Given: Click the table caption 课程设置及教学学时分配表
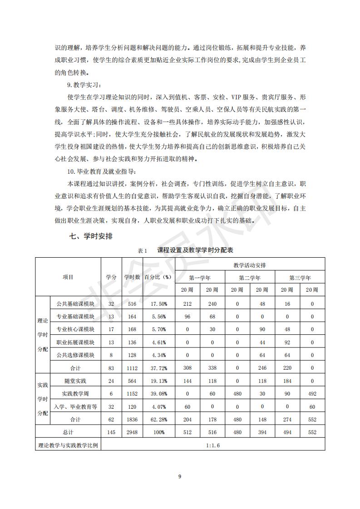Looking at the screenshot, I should pos(195,250).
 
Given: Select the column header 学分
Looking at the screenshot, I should pos(111,277).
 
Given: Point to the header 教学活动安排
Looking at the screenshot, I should pos(250,264).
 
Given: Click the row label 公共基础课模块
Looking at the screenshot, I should pos(75,303).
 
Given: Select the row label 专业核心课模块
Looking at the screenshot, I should pos(75,329).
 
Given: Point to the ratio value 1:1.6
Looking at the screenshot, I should pos(212,445).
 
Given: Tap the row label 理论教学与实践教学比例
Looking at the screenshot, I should pos(69,445).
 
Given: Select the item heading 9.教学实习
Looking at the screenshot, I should pos(84,85).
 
